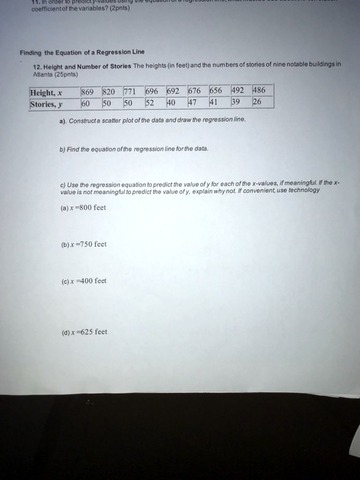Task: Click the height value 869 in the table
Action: (88, 91)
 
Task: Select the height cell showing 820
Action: (108, 91)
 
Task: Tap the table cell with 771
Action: (131, 91)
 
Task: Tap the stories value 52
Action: (152, 102)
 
